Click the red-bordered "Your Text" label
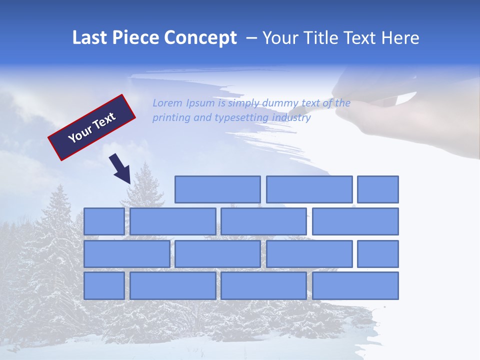point(92,127)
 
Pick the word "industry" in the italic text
point(291,118)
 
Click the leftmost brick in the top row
point(217,189)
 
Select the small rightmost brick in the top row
point(378,189)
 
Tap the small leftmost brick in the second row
point(104,221)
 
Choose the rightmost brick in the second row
point(355,221)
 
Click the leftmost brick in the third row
point(126,254)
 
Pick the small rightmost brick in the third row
point(378,254)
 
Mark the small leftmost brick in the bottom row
point(104,286)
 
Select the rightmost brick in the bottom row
point(355,286)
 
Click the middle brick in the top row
point(309,189)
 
